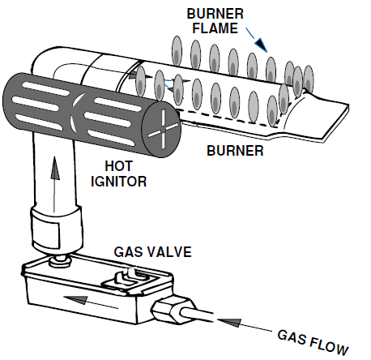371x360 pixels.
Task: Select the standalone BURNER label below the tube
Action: pyautogui.click(x=236, y=150)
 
